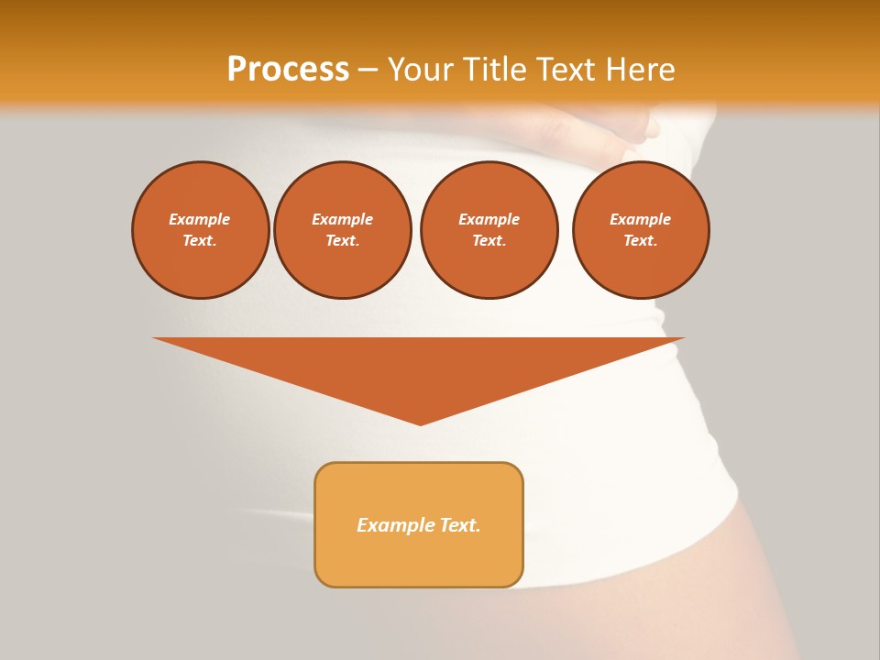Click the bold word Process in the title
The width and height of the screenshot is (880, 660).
pos(288,70)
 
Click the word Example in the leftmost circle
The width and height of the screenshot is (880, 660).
pos(200,219)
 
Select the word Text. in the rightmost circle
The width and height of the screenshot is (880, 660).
pos(640,240)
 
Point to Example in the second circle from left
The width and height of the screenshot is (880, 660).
pos(342,219)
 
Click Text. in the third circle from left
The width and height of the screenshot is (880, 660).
pos(489,240)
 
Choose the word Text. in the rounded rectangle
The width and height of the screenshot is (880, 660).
pos(459,525)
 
